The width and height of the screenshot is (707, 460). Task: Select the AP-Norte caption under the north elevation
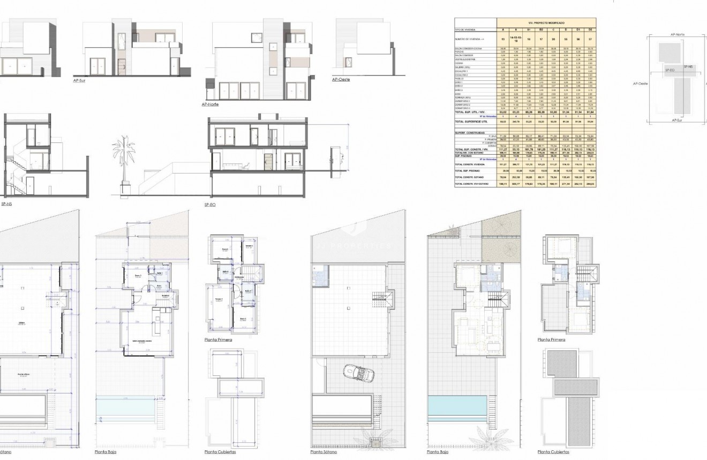pos(210,104)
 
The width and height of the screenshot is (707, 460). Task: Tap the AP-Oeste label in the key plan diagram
pos(640,84)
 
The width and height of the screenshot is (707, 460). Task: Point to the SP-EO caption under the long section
pos(210,205)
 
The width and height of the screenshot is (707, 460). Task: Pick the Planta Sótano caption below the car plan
pos(325,452)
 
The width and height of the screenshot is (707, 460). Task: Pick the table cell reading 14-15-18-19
pos(515,39)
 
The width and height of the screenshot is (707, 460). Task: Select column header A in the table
pos(502,29)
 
